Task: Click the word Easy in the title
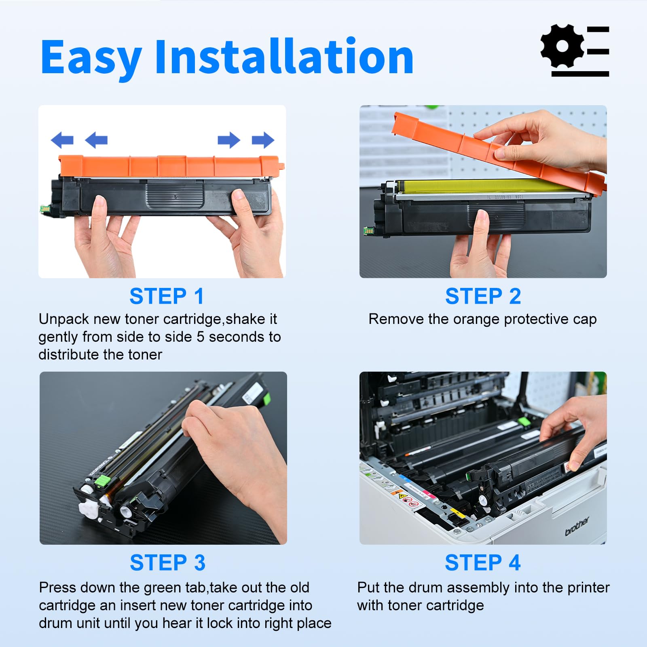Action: point(91,57)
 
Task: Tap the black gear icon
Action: point(562,46)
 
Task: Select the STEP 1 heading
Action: point(167,296)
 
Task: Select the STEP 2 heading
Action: point(483,296)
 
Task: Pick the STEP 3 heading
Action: point(167,563)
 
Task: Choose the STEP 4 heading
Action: point(482,563)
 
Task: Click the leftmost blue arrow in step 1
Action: point(62,140)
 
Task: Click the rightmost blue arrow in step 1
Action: point(263,140)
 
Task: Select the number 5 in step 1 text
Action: point(201,337)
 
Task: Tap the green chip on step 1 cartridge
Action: point(44,209)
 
